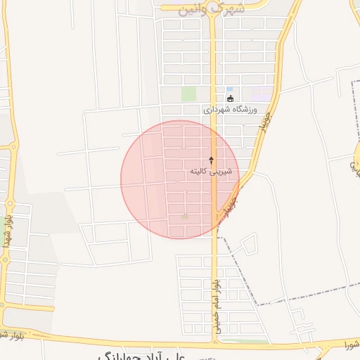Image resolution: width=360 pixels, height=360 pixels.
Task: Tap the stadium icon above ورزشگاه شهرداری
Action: click(x=230, y=98)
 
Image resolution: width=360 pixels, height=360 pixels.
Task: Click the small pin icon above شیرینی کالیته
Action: click(x=212, y=161)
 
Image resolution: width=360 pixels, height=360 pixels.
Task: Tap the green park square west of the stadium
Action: click(x=188, y=94)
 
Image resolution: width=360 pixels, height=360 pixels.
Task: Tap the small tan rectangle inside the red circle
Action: click(x=185, y=217)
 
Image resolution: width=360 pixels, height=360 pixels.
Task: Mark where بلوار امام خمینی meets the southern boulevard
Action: click(x=214, y=344)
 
